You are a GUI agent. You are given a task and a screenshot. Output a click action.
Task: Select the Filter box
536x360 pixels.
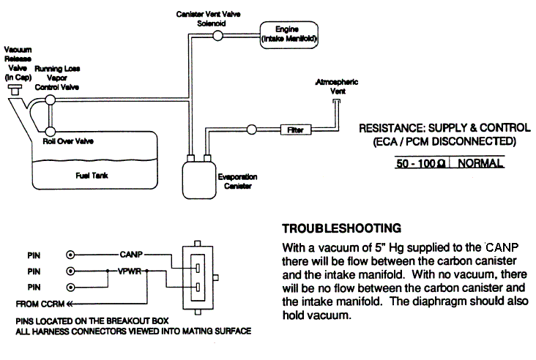tap(294, 130)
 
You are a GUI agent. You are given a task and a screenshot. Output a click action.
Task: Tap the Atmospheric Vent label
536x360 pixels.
tap(335, 87)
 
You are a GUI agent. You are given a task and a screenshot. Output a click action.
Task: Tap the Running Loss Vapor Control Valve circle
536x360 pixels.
tap(50, 99)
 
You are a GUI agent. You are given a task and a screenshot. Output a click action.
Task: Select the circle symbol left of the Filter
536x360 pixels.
tap(251, 130)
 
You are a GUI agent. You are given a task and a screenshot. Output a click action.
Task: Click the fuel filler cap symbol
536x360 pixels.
tap(13, 90)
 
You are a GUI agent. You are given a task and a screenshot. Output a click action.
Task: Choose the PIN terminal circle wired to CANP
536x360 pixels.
tap(71, 255)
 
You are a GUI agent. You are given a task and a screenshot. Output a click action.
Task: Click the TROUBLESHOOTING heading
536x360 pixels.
tap(332, 227)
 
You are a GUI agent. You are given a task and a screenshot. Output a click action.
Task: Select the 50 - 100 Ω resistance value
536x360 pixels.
tap(417, 164)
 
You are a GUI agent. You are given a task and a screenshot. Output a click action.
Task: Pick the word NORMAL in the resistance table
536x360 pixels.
tap(480, 164)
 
